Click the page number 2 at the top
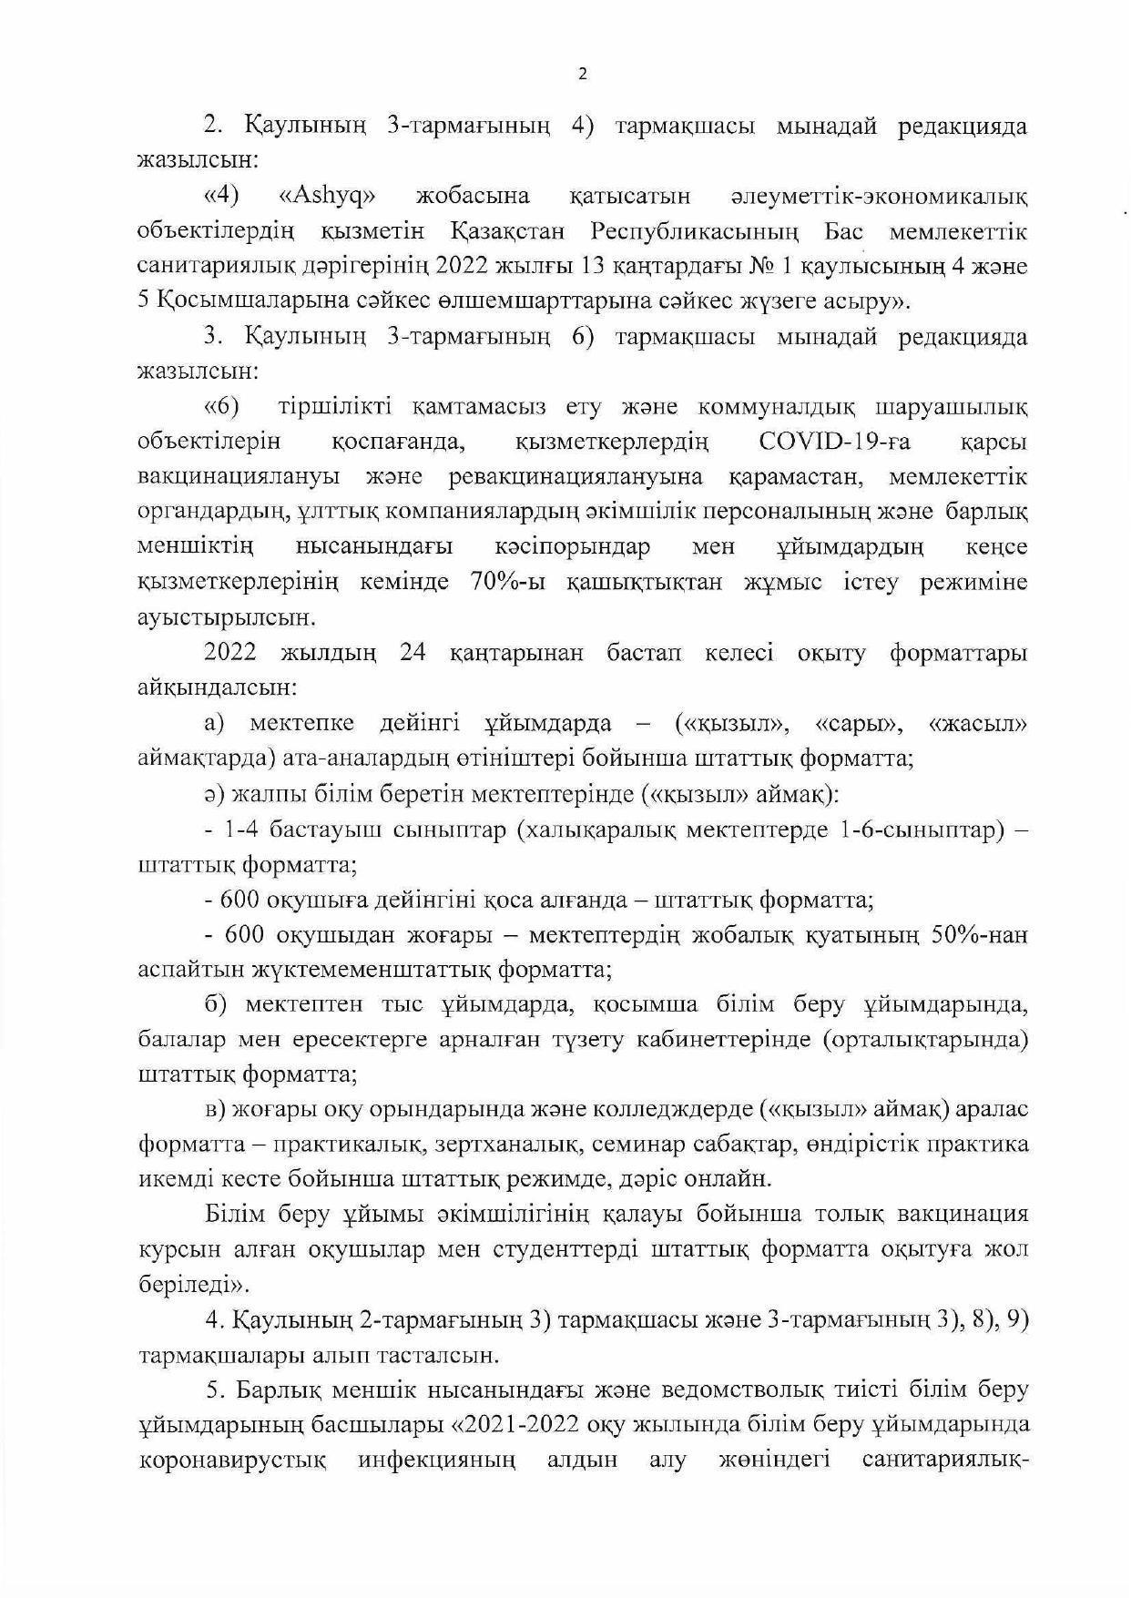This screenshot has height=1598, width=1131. coord(583,75)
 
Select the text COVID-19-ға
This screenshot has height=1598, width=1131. coord(835,443)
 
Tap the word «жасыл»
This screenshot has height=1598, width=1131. coord(978,725)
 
